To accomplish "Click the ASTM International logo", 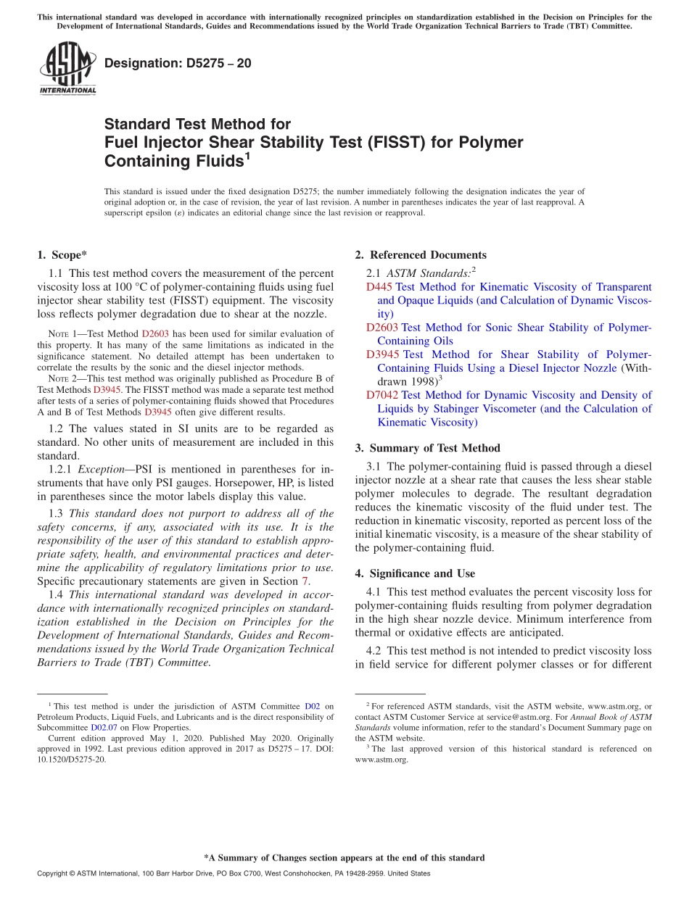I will (67, 70).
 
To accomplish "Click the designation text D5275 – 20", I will (178, 64).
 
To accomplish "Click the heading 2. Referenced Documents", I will (421, 254).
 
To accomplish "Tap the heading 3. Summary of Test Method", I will (427, 448).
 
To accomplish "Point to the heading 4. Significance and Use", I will (415, 573).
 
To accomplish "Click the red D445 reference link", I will (379, 287).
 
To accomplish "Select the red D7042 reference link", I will (382, 395).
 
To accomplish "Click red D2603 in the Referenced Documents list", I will (382, 328).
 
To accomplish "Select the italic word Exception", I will (102, 469).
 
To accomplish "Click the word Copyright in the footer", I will (54, 873).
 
